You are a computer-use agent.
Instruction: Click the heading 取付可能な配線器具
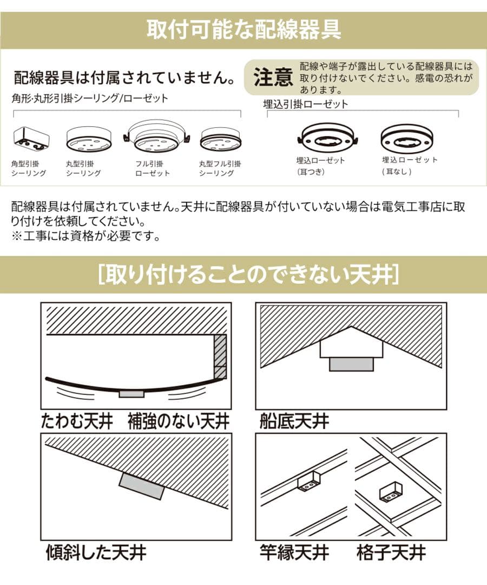pos(243,30)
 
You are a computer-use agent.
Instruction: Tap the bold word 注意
pos(273,78)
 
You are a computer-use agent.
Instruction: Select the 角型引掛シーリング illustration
pos(31,140)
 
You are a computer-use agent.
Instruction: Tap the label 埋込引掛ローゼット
pos(305,104)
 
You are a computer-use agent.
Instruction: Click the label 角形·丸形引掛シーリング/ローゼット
pos(90,99)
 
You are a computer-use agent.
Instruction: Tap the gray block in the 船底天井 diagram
pos(351,364)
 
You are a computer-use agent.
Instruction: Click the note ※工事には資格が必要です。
pos(85,236)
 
